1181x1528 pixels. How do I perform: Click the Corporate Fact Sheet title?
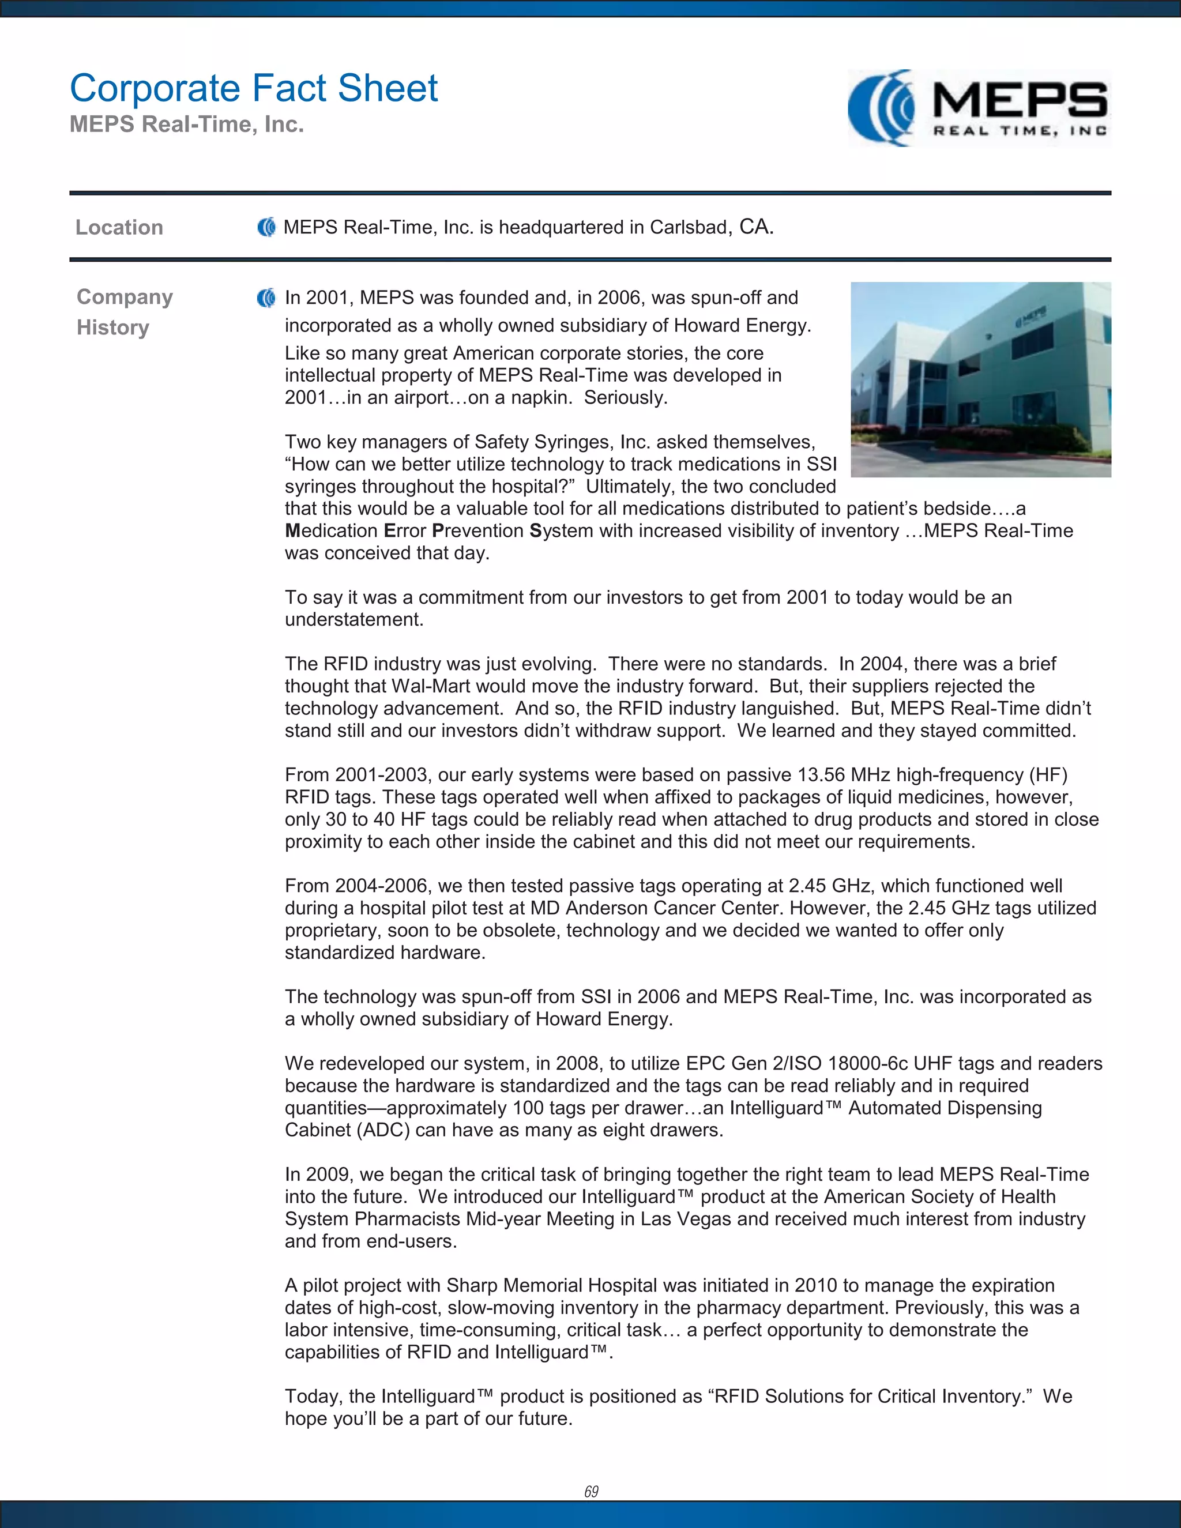pos(253,89)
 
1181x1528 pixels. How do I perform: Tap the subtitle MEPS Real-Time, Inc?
pos(187,125)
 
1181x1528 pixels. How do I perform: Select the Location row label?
pos(119,227)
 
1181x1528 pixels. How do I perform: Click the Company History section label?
pos(124,312)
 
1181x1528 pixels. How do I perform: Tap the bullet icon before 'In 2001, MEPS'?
pos(266,298)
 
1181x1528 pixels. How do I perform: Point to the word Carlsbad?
pos(689,227)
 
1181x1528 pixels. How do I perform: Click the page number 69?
pos(591,1491)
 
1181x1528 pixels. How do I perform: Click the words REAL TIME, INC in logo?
pos(1020,131)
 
